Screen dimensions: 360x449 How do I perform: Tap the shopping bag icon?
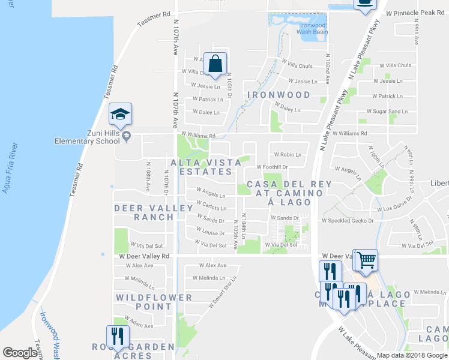[x=215, y=63]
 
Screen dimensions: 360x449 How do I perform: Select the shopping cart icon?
[x=366, y=260]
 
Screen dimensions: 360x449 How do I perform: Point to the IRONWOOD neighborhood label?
[x=278, y=95]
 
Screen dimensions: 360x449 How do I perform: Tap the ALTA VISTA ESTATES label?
[x=201, y=167]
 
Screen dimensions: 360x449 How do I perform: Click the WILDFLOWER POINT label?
[x=154, y=301]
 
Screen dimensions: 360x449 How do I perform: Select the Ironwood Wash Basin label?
[x=310, y=28]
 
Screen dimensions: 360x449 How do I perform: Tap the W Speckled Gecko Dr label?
[x=348, y=221]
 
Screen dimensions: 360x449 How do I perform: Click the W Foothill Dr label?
[x=273, y=167]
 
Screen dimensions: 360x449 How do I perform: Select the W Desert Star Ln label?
[x=223, y=292]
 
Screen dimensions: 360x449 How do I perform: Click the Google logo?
[x=20, y=353]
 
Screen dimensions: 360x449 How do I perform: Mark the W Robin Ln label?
[x=286, y=154]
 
